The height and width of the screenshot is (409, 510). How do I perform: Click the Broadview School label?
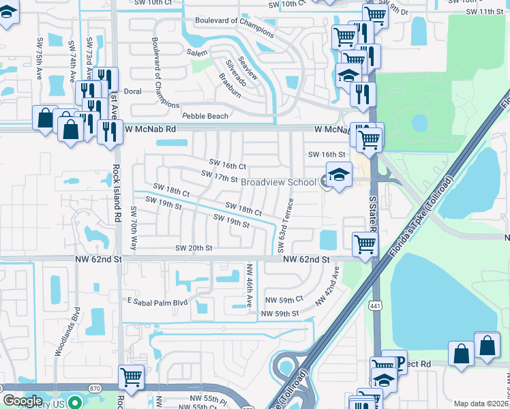tap(278, 183)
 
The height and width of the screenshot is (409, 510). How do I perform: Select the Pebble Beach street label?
tap(205, 117)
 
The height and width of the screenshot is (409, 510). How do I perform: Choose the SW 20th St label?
tap(194, 248)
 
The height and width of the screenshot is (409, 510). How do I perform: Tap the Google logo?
tap(22, 401)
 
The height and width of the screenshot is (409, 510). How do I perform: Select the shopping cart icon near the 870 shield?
tap(130, 377)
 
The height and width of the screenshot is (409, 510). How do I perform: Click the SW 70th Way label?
tap(134, 226)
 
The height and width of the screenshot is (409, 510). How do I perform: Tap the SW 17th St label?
tap(219, 177)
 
